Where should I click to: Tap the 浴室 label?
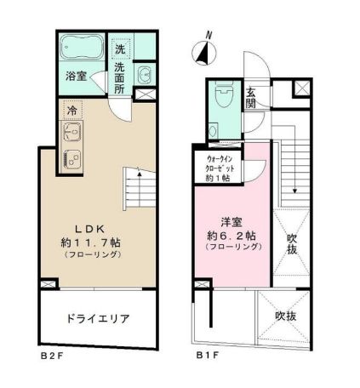[x=76, y=76]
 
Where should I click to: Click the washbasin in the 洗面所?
[x=144, y=72]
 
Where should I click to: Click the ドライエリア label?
[x=98, y=319]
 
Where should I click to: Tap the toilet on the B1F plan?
[x=225, y=95]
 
